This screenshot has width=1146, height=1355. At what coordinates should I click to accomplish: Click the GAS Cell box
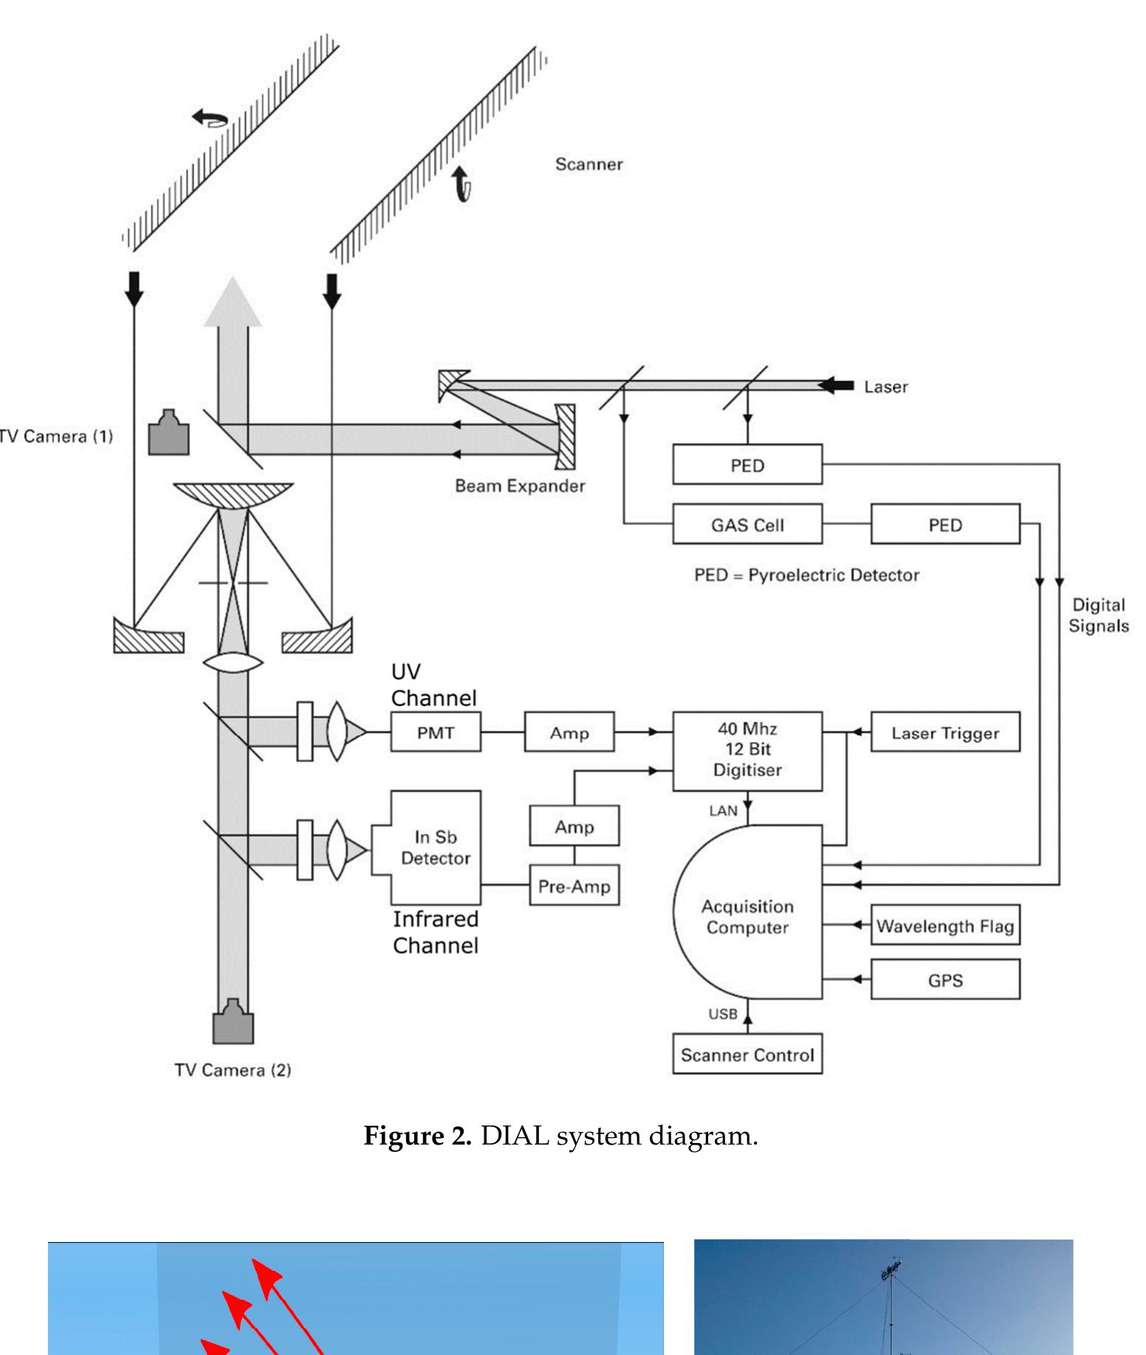(747, 524)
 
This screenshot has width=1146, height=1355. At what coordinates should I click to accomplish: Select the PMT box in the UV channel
(435, 732)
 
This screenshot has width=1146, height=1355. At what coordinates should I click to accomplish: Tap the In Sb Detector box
(436, 847)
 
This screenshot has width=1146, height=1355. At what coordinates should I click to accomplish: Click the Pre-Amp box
(574, 885)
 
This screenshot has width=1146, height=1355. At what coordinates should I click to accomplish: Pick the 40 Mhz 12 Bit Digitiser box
(747, 750)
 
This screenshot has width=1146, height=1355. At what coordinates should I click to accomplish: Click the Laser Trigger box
(944, 732)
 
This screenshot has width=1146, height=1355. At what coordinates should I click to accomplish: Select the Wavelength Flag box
(944, 925)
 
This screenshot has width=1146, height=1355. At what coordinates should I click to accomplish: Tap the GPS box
(944, 979)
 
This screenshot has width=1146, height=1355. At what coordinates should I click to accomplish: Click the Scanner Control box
(747, 1054)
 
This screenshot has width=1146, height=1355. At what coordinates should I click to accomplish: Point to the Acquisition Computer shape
(747, 916)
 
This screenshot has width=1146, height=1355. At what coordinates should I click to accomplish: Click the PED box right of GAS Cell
(944, 524)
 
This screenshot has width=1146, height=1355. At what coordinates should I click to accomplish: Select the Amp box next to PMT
(569, 732)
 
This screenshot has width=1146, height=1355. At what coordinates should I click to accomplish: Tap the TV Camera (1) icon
(169, 433)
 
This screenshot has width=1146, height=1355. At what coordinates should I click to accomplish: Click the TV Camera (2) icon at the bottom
(233, 1022)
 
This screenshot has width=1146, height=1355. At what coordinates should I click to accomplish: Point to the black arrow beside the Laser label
(836, 385)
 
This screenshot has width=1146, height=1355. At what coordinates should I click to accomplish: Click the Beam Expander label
(520, 486)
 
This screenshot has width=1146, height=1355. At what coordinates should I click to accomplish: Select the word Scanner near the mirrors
(589, 164)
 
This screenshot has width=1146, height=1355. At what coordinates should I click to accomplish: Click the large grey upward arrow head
(233, 303)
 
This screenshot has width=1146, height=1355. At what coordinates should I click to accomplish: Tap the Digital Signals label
(1098, 615)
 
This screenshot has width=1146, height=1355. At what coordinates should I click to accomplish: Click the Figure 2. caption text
(560, 1135)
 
